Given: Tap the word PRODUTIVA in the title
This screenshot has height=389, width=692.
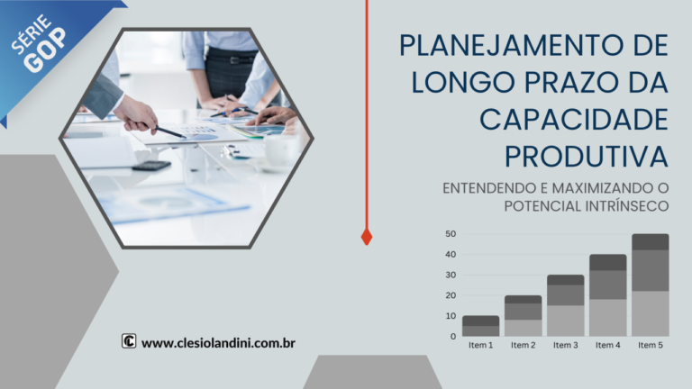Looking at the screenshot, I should (587, 155).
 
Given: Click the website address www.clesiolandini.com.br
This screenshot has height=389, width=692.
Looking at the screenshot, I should (219, 342).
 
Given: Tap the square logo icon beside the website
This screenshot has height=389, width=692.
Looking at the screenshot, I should (129, 341).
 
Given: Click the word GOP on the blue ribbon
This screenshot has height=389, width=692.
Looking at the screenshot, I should (48, 53).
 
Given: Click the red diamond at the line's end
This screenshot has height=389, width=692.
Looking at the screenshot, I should (367, 237).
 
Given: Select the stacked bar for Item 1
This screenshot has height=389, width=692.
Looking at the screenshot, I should (480, 326).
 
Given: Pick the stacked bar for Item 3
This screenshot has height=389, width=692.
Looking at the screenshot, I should (565, 305).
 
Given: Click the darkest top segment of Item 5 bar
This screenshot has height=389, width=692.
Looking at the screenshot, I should (650, 241).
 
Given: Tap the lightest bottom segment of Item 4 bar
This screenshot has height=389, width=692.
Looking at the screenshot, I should (607, 318).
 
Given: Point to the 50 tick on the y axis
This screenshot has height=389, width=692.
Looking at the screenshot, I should (450, 234).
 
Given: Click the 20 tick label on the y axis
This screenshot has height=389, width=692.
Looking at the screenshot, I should (450, 295).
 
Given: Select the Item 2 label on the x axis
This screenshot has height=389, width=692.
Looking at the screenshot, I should (523, 345).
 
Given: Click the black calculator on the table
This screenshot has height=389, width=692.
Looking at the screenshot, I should (150, 166).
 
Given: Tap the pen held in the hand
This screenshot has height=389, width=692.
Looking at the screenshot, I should (171, 131).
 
